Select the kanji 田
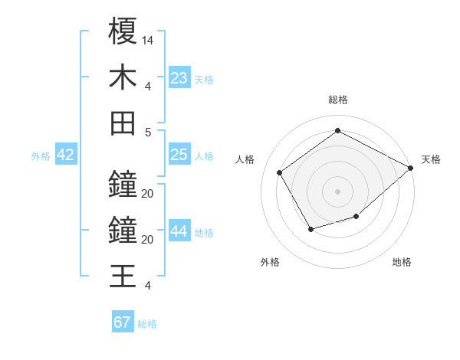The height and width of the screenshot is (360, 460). [123, 123]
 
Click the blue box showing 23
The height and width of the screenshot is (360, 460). [179, 78]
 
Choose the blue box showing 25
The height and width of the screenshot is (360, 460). [179, 155]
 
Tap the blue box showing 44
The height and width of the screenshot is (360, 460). [179, 232]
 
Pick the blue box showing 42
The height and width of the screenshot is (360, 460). [66, 155]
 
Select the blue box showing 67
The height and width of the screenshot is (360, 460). [123, 322]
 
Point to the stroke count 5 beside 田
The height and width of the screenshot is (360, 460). [147, 132]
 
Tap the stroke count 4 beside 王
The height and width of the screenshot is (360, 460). [147, 286]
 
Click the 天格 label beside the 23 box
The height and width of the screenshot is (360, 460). [204, 80]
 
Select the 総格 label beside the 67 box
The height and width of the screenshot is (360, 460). [147, 324]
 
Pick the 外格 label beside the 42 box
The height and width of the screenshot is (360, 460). [41, 156]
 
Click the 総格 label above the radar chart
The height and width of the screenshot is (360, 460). [337, 100]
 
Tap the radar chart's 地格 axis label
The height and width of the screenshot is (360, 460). [402, 262]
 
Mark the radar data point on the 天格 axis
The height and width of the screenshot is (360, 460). [411, 167]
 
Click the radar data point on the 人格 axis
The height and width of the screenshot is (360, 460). [280, 172]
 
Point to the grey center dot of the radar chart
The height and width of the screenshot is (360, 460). [337, 191]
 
